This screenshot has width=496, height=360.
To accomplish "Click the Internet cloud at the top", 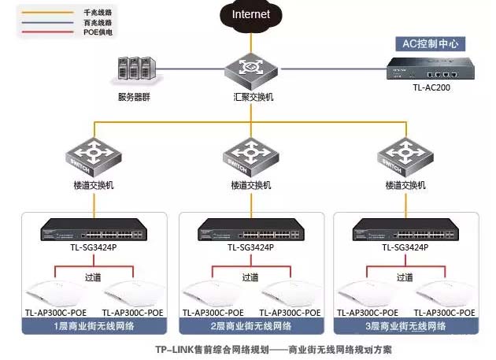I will point(250,14).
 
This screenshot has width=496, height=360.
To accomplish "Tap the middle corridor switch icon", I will point(250,158).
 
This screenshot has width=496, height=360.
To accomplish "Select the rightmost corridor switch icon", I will point(406,158).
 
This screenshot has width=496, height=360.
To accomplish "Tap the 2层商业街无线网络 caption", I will point(250,325).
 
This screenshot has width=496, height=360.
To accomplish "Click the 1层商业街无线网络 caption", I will point(94,325).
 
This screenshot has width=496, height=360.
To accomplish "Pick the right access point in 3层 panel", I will point(446,292).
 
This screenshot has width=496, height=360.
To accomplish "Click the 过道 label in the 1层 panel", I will point(93,277).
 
